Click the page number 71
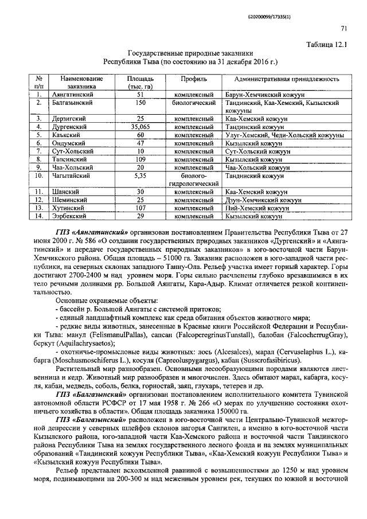pos(343,29)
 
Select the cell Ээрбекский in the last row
pos(68,216)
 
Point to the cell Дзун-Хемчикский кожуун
pos(263,200)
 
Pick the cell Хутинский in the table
pos(66,208)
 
